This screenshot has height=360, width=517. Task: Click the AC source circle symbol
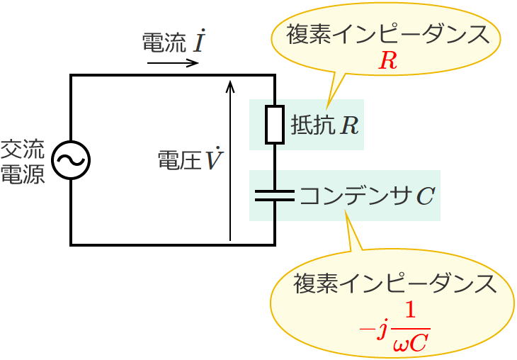tap(71, 161)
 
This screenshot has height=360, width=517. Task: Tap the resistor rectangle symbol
tap(274, 125)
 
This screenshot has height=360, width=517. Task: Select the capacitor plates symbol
tap(274, 195)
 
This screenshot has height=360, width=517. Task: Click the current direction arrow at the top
tap(173, 63)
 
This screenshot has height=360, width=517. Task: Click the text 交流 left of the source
tap(22, 150)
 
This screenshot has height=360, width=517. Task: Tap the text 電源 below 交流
tap(22, 174)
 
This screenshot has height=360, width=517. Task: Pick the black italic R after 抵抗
tap(349, 126)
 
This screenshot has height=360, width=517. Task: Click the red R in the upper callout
tap(387, 61)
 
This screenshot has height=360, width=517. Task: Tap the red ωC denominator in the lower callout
tap(410, 344)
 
